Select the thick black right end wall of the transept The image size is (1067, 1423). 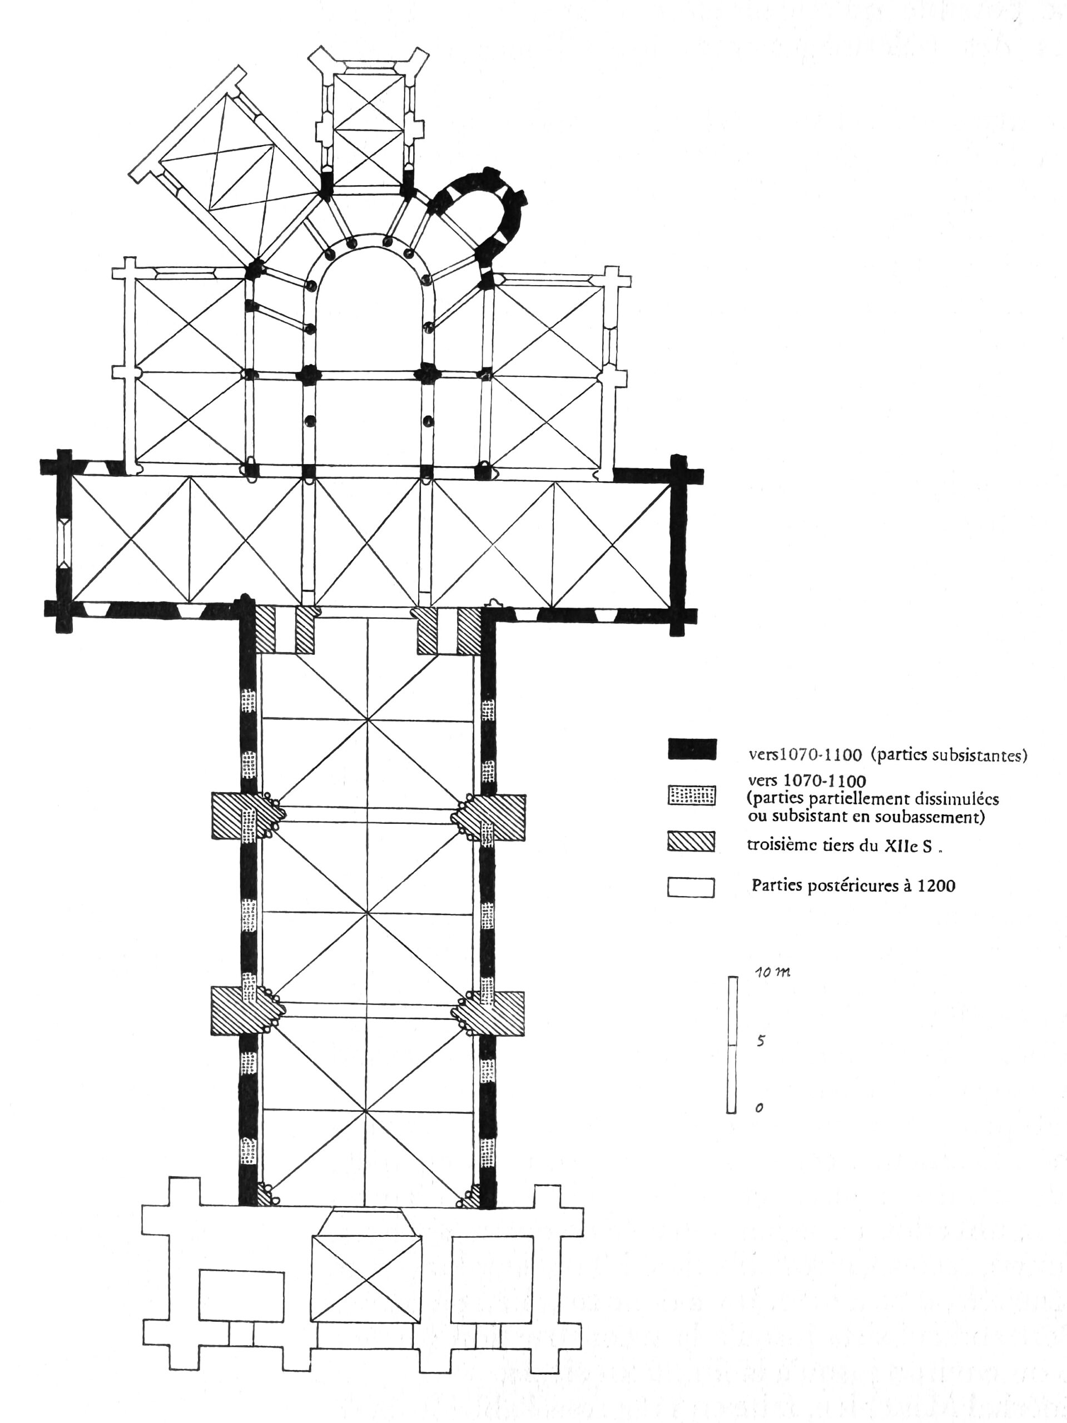tap(679, 544)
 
